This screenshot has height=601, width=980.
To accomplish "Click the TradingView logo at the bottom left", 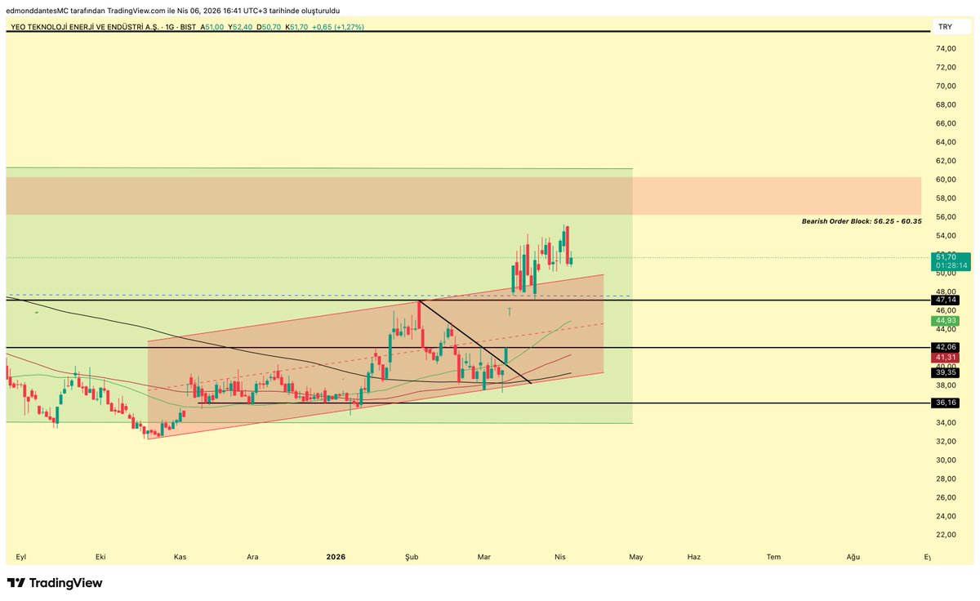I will (x=55, y=583).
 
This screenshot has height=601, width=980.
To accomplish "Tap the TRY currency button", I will (x=945, y=27).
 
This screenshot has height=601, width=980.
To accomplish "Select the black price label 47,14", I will (x=947, y=300).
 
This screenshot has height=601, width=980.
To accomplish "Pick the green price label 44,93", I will (x=947, y=322).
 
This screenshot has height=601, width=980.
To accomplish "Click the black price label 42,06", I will (x=947, y=347).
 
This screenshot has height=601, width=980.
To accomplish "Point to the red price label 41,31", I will (x=947, y=358).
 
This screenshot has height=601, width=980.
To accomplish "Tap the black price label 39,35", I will (x=947, y=372).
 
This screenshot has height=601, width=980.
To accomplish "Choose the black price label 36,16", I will (x=947, y=403).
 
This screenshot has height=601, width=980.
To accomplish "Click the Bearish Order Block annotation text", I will (x=862, y=221).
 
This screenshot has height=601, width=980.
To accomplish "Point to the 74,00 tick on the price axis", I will (x=946, y=49).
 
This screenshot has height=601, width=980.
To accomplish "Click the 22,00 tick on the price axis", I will (x=946, y=535).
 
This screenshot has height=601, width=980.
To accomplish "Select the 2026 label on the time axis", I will (x=336, y=557).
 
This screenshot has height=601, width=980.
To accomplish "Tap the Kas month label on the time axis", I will (x=180, y=557).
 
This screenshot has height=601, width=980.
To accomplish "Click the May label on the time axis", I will (x=636, y=557).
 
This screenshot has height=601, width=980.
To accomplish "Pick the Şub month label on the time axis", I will (x=412, y=557).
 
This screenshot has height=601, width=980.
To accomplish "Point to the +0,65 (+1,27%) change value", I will (x=338, y=27).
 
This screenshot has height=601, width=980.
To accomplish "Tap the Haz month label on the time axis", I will (x=694, y=557).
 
